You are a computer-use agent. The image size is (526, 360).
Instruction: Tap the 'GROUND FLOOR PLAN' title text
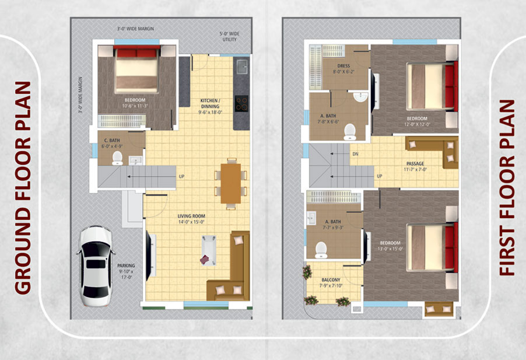[22, 187]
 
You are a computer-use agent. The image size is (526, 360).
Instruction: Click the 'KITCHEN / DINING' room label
[210, 103]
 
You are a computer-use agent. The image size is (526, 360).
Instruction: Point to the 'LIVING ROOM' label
[191, 216]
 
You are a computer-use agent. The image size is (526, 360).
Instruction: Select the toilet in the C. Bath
[117, 158]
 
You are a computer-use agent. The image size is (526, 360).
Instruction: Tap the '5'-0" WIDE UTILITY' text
[229, 37]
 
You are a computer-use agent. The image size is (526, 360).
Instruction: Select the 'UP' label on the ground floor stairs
[181, 176]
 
